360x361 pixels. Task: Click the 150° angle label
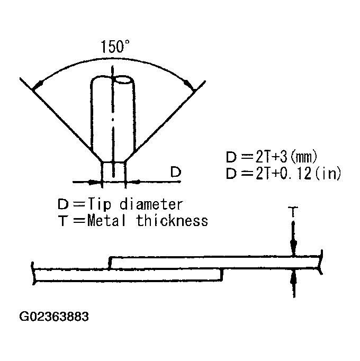point(115,47)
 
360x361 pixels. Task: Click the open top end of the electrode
point(124,79)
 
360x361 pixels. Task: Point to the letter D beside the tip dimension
point(176,172)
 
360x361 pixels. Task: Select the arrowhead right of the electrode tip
point(133,182)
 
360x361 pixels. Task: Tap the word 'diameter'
point(151,204)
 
